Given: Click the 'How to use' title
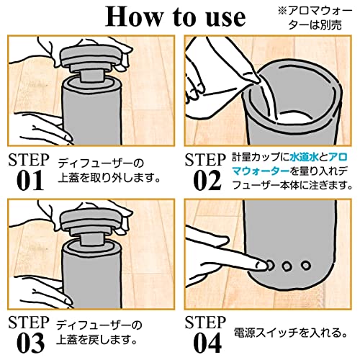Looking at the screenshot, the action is (176, 17).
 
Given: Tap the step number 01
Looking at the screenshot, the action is (30, 180).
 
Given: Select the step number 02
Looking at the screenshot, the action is (207, 180).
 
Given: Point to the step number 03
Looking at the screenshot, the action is (30, 343).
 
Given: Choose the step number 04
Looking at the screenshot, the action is (207, 343).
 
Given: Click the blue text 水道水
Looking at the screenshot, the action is (304, 158).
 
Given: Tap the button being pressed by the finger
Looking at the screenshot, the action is (269, 266).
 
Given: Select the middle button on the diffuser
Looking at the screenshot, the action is (287, 266).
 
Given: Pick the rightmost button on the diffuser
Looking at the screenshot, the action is (305, 266).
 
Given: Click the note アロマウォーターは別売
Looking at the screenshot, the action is (315, 18).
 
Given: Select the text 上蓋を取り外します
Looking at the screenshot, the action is (109, 178).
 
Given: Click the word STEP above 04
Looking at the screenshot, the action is (205, 323).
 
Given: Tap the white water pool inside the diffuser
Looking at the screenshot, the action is (293, 118).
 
